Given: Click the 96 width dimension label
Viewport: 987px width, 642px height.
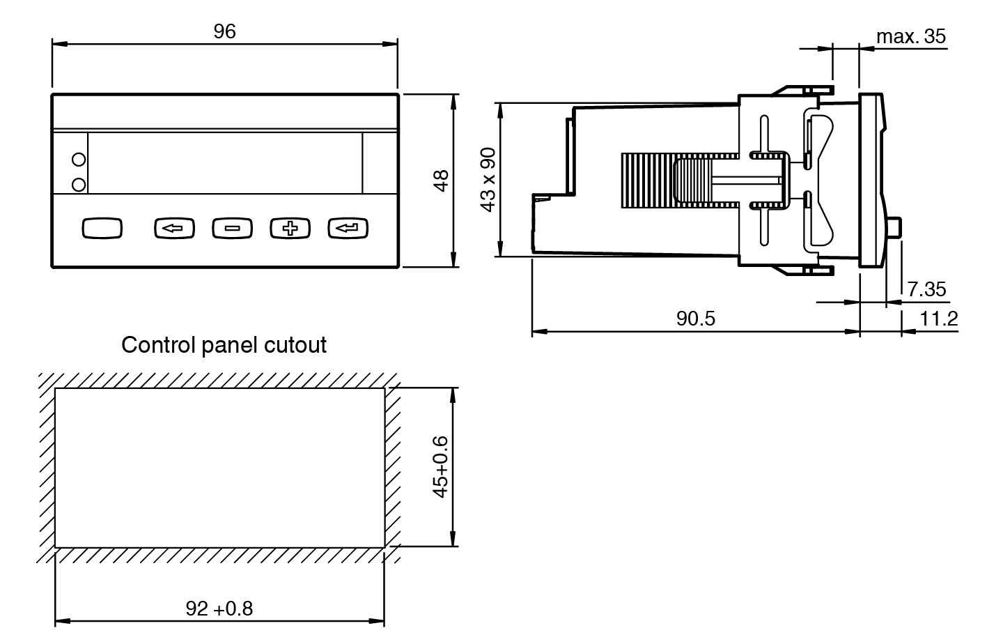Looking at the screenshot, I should click(225, 31).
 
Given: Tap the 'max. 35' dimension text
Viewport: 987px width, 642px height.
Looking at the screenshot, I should click(911, 36).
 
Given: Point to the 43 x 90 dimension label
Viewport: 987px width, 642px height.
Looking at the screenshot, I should click(488, 181).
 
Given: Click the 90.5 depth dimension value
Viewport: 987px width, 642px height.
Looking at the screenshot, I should click(696, 319).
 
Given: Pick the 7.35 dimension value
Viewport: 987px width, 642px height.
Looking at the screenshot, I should click(926, 289).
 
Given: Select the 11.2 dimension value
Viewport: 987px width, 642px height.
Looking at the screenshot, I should click(939, 319).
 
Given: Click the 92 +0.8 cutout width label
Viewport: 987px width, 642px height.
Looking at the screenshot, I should click(219, 609).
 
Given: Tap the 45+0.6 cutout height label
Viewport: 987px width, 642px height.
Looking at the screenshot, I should click(440, 466).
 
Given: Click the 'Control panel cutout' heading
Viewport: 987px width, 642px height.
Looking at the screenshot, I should click(224, 344).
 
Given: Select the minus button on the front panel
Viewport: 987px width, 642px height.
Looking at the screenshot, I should click(232, 228).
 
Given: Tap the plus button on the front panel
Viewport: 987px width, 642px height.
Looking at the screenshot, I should click(290, 228).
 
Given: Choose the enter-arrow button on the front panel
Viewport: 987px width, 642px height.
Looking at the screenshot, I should click(348, 228).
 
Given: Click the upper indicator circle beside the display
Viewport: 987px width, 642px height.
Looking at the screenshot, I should click(79, 160).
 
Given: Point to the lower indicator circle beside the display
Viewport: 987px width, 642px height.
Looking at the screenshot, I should click(79, 184).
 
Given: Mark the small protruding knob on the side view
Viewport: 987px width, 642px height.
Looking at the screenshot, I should click(895, 227).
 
